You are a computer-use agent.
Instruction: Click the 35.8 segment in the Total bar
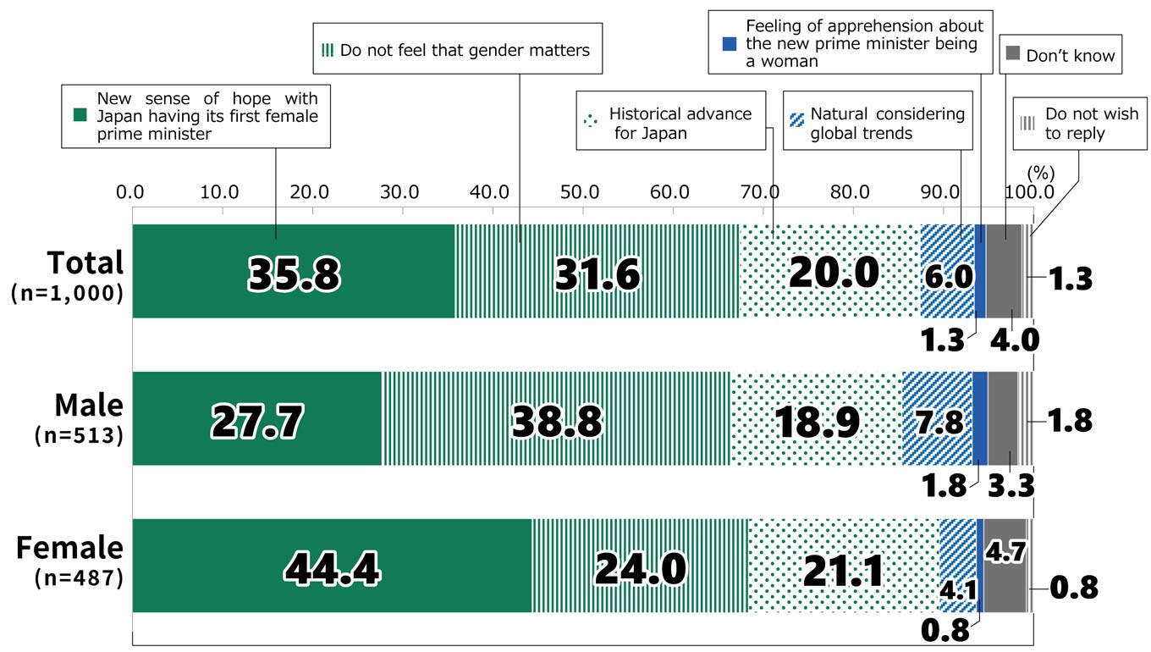tap(294, 272)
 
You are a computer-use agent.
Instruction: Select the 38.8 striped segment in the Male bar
tap(556, 419)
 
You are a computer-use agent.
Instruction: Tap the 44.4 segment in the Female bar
tap(332, 566)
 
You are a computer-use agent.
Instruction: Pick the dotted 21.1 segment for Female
tap(843, 566)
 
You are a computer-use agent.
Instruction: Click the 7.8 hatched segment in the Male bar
tap(938, 419)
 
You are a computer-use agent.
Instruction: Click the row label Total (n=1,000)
tap(69, 274)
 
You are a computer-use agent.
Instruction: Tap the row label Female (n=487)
tap(70, 561)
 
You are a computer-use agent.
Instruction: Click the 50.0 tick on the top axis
tap(580, 191)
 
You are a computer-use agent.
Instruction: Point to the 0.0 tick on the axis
tap(132, 191)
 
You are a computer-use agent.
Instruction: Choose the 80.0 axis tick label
tap(850, 191)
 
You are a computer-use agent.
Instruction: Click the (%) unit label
tap(1041, 173)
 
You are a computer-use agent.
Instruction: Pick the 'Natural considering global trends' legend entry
tap(878, 124)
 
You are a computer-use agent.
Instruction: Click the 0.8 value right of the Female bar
tap(1073, 587)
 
